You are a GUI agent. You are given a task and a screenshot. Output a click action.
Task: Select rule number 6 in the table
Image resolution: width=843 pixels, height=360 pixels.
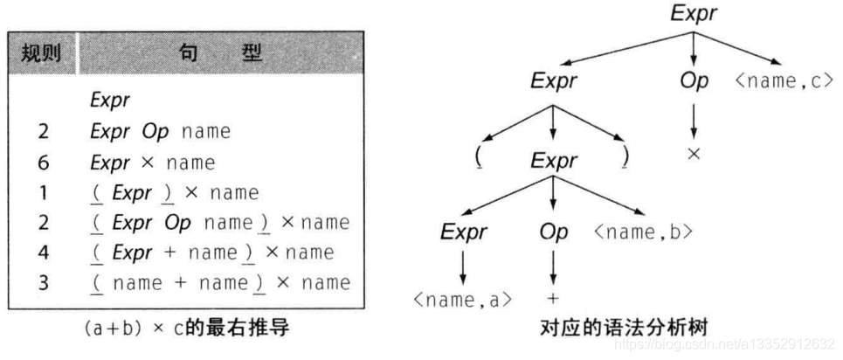click(43, 162)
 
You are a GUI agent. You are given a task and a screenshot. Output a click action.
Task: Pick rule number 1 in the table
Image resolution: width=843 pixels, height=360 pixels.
click(43, 191)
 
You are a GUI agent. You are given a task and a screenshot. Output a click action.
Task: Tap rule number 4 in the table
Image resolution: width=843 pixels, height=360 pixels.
click(43, 252)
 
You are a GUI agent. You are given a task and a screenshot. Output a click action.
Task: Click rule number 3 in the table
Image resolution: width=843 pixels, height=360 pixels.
click(43, 281)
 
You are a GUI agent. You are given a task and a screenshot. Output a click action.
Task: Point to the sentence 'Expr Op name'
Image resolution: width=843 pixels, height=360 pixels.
click(160, 131)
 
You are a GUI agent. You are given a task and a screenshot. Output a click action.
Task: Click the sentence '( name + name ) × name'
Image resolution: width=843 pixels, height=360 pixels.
click(220, 281)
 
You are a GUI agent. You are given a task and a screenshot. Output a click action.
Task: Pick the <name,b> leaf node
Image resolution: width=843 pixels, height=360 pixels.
click(643, 232)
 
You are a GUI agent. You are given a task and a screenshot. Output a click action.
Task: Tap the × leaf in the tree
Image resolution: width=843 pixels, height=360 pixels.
click(694, 153)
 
